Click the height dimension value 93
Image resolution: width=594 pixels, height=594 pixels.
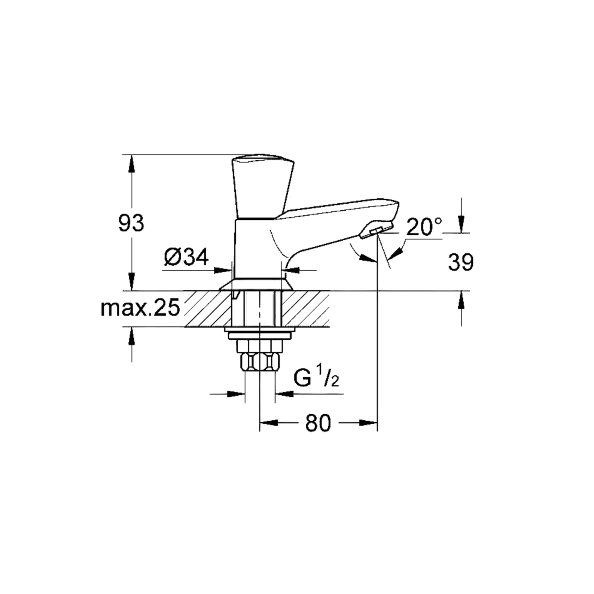tap(131, 223)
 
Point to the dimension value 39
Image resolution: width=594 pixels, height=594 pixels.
tap(461, 262)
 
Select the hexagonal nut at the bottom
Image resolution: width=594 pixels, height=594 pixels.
tap(260, 360)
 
